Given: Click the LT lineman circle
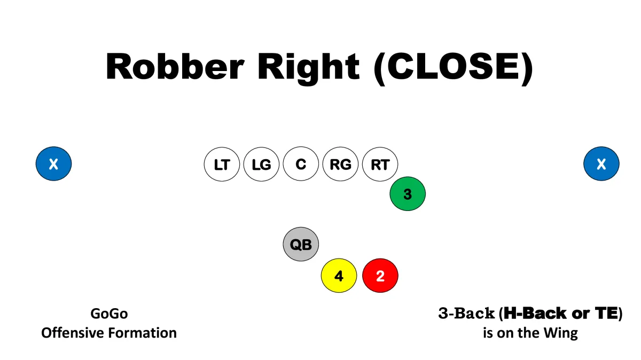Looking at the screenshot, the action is [222, 165].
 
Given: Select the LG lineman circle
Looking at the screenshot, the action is [261, 165].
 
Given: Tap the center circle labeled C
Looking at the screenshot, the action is [301, 164].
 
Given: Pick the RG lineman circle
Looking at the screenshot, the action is [340, 165].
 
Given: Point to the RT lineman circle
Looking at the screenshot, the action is [380, 165].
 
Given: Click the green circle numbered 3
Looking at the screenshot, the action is [408, 194].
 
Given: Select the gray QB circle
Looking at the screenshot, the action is [301, 244].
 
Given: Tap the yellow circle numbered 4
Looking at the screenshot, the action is [339, 276].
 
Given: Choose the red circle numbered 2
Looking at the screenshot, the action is [380, 276].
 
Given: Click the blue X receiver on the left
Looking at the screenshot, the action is [53, 163].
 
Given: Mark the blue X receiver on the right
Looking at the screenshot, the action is [601, 163].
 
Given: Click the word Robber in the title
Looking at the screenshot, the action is [175, 66].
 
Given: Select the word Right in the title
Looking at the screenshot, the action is [308, 69].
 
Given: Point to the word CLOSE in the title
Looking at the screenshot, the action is [454, 66].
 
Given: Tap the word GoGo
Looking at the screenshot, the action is [109, 314].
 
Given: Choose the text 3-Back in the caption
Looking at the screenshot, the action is [466, 313].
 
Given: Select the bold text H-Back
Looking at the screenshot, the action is [535, 313].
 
